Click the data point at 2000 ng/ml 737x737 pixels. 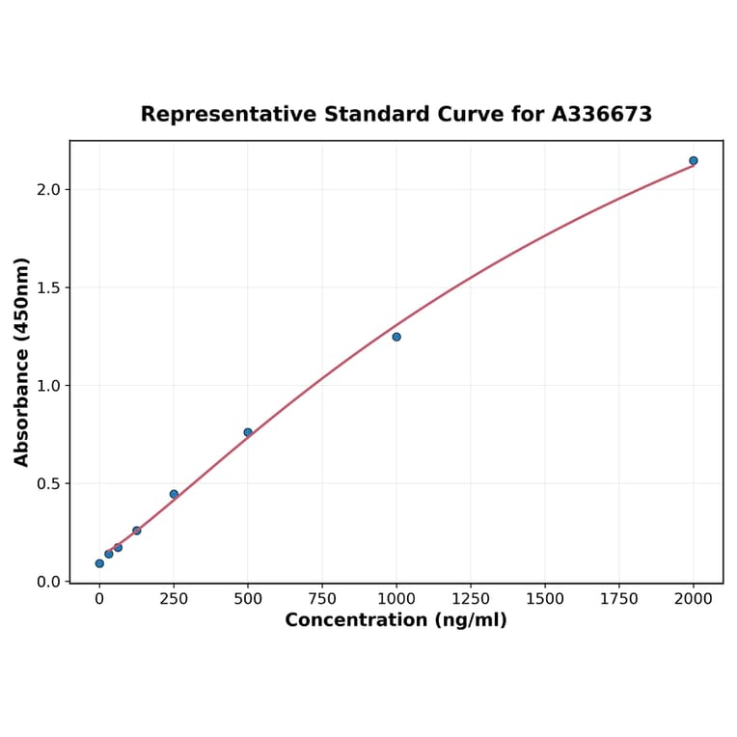693,160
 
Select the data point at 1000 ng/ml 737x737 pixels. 396,337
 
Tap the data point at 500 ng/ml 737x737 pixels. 248,432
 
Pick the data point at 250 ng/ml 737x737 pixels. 174,494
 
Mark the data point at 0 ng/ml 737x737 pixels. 99,563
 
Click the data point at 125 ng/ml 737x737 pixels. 137,531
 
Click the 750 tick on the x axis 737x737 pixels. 322,599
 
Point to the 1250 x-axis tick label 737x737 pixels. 471,599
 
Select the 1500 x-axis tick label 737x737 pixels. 545,599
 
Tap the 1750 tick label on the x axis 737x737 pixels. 619,599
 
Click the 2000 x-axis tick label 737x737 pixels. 694,599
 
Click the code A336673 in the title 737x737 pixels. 602,114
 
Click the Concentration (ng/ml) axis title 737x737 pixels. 396,620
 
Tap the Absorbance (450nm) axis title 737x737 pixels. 22,362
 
